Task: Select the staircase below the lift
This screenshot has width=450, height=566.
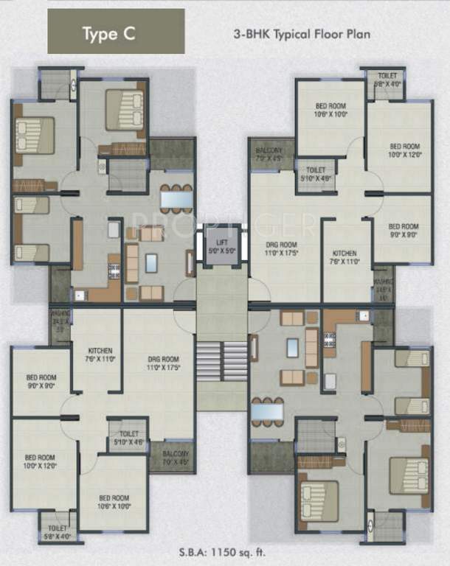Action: tap(222, 359)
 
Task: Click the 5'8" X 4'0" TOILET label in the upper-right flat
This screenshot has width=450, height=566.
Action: tap(387, 80)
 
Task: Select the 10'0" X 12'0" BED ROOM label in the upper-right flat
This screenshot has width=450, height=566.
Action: tap(404, 150)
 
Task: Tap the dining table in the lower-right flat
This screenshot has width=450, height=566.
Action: tap(268, 411)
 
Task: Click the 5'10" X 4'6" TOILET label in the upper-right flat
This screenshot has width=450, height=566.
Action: tap(316, 173)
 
